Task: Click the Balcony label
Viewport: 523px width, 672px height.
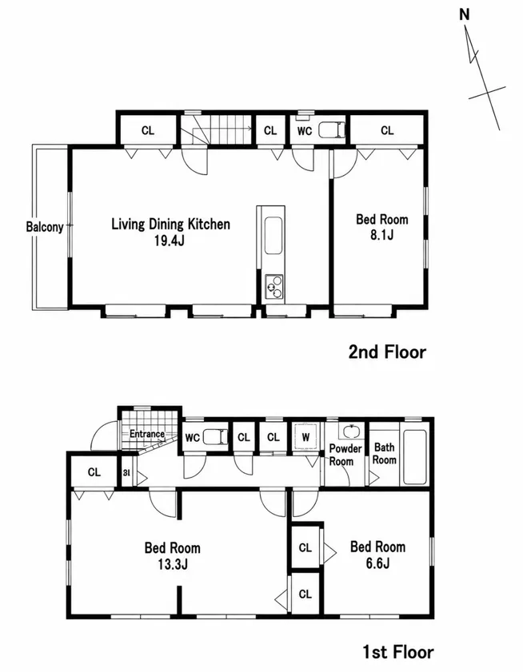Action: point(45,226)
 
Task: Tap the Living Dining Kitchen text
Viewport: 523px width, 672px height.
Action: point(171,224)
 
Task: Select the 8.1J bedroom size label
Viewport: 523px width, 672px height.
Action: point(381,235)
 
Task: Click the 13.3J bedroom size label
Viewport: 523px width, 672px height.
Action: point(172,564)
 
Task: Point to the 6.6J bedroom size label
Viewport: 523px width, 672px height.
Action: point(377,563)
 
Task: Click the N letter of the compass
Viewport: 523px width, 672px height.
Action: point(464,14)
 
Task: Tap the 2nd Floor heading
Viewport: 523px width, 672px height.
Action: point(387,352)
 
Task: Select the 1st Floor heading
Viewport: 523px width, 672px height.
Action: point(398,652)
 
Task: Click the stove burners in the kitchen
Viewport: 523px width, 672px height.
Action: point(273,287)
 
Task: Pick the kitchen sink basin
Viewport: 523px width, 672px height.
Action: point(273,236)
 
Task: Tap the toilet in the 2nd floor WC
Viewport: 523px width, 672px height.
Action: point(332,130)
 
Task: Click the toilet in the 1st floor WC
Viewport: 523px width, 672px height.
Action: point(215,437)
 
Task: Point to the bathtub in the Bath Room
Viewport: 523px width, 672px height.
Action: point(415,457)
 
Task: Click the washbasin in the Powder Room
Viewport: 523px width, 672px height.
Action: point(352,431)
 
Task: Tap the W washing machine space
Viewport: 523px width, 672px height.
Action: point(305,437)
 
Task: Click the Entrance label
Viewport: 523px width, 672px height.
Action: point(147,434)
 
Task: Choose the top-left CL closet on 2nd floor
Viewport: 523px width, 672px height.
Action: point(148,130)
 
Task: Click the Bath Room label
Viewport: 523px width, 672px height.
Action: point(384,453)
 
